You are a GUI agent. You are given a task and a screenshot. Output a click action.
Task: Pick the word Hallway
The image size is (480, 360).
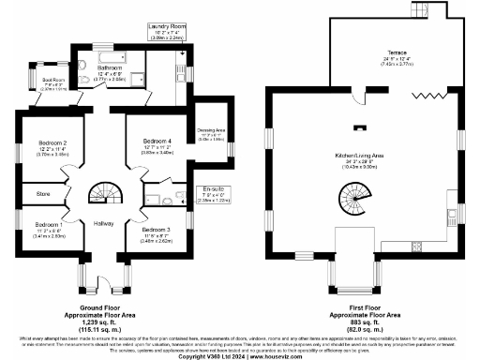click(103, 224)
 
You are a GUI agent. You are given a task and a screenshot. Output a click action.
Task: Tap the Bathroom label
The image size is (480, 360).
click(111, 68)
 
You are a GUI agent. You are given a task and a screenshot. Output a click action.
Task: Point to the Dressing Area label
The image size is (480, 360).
click(211, 130)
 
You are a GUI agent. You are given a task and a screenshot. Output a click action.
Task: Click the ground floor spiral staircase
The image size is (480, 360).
click(101, 193)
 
